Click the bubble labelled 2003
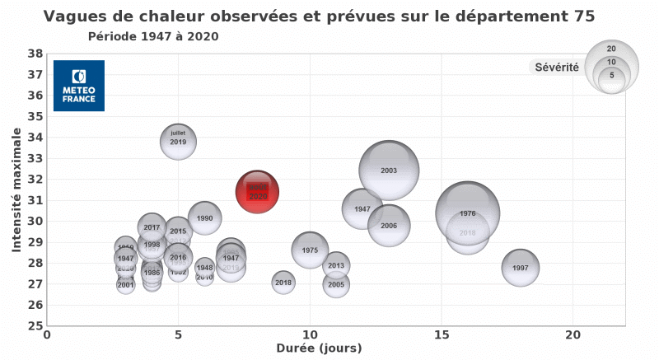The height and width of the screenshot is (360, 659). [389, 171]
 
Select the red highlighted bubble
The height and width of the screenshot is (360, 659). [257, 192]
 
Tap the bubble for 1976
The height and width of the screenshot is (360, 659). [468, 213]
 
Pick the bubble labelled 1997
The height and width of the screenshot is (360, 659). [520, 268]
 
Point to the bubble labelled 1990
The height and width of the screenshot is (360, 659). [205, 218]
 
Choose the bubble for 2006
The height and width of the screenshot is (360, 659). [389, 226]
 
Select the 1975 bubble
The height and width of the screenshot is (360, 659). [310, 250]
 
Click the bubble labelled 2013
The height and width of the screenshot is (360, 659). [335, 265]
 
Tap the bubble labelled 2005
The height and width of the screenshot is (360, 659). [335, 285]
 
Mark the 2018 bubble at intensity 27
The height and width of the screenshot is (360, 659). [283, 283]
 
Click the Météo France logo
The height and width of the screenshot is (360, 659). [79, 86]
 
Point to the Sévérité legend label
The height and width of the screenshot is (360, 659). [556, 68]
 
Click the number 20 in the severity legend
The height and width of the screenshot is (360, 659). [611, 49]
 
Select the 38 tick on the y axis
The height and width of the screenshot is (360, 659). [35, 54]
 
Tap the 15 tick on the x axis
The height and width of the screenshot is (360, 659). [442, 334]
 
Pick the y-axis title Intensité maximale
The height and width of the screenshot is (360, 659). [16, 189]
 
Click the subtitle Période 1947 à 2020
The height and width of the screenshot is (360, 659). [153, 37]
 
